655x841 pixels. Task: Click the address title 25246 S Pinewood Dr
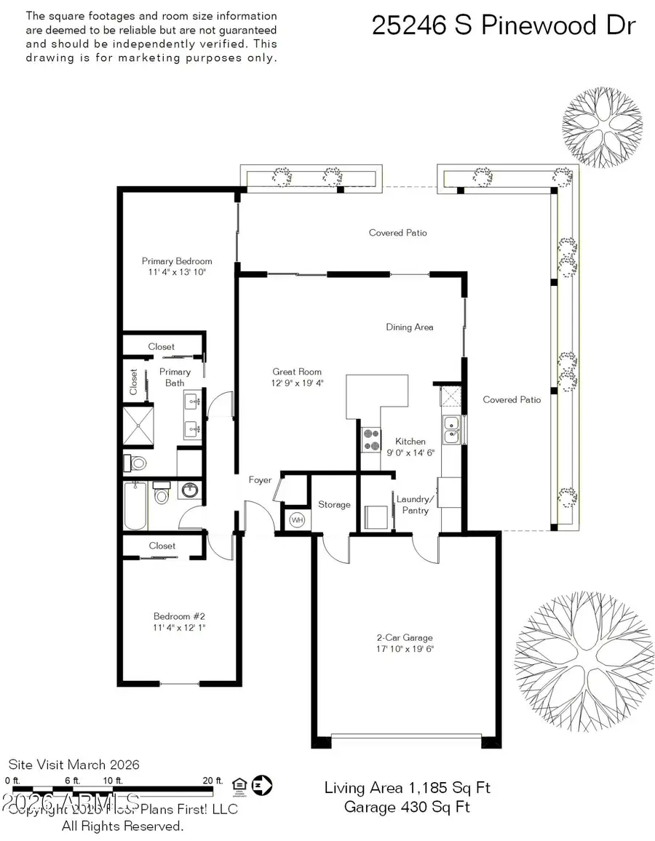[504, 25]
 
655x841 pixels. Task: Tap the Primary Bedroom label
[177, 261]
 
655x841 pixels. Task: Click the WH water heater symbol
[297, 520]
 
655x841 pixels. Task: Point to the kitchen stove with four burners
[371, 439]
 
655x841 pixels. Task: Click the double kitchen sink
[452, 429]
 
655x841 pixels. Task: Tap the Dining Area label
[410, 327]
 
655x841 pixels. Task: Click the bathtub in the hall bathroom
[135, 506]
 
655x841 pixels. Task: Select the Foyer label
[260, 479]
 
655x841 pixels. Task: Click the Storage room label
[334, 504]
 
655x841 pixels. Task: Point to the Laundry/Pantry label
[415, 504]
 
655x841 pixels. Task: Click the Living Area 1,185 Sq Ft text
[407, 788]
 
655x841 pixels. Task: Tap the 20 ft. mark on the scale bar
[213, 781]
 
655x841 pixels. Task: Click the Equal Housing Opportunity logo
[237, 784]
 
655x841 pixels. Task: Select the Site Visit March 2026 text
[74, 765]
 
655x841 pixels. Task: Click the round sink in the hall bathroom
[190, 491]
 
